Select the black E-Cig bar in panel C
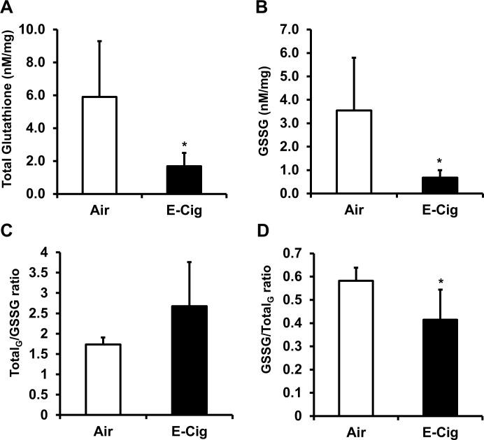(187, 360)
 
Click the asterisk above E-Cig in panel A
(184, 143)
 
